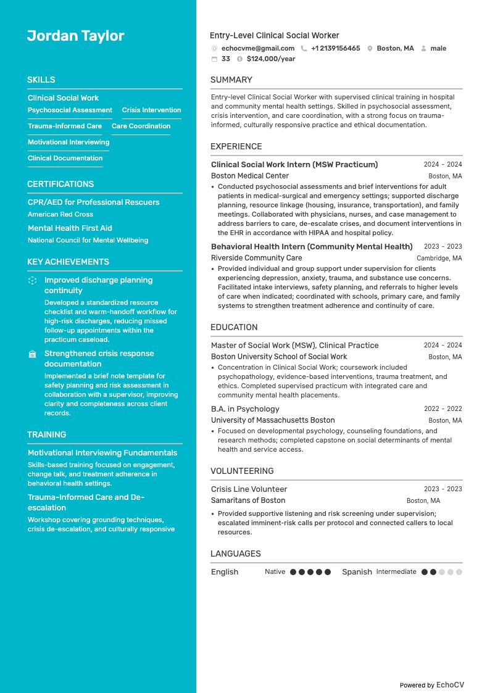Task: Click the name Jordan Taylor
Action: click(75, 36)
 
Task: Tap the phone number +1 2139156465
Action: click(335, 48)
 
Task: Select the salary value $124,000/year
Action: click(270, 59)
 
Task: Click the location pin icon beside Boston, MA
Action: click(370, 48)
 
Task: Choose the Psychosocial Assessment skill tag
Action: click(70, 110)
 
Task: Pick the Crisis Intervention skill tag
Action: click(151, 110)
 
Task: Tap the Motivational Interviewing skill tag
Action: click(68, 142)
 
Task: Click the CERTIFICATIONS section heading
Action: click(60, 184)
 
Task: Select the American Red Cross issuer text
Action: click(60, 214)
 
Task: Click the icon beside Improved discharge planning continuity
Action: click(33, 281)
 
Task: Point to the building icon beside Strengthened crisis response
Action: click(33, 354)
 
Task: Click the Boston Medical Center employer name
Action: click(249, 176)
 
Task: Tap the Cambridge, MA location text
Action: click(439, 259)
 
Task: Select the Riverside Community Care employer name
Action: click(256, 258)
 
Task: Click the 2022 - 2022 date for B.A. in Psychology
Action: click(442, 409)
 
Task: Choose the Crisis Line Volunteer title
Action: click(249, 489)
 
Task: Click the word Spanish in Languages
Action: click(357, 572)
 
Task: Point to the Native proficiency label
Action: click(275, 572)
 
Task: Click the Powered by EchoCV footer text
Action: click(431, 685)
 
